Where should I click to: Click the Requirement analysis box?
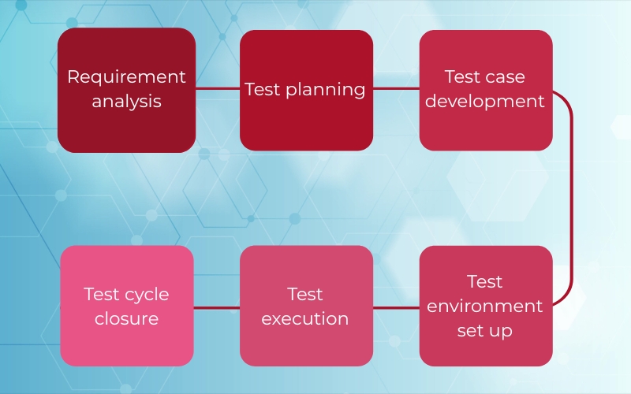pyautogui.click(x=127, y=90)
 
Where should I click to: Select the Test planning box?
pyautogui.click(x=306, y=90)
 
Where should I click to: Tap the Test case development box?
pyautogui.click(x=486, y=90)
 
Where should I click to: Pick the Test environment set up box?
pyautogui.click(x=486, y=306)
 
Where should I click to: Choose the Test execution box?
pyautogui.click(x=306, y=306)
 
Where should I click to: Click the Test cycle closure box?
pyautogui.click(x=127, y=306)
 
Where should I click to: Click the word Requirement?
pyautogui.click(x=127, y=77)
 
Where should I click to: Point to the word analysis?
pyautogui.click(x=127, y=102)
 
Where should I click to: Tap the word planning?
pyautogui.click(x=326, y=90)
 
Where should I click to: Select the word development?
pyautogui.click(x=485, y=101)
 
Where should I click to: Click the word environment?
pyautogui.click(x=485, y=307)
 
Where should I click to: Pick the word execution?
pyautogui.click(x=305, y=319)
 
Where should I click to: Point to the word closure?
pyautogui.click(x=127, y=319)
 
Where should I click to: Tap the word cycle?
pyautogui.click(x=146, y=295)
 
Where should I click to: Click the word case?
pyautogui.click(x=505, y=77)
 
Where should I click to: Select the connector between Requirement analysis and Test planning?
pyautogui.click(x=218, y=89)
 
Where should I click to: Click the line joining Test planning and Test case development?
pyautogui.click(x=396, y=89)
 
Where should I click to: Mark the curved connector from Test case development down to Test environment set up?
pyautogui.click(x=571, y=198)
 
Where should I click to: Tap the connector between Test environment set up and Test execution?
pyautogui.click(x=396, y=308)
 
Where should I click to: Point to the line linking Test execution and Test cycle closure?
pyautogui.click(x=216, y=308)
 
